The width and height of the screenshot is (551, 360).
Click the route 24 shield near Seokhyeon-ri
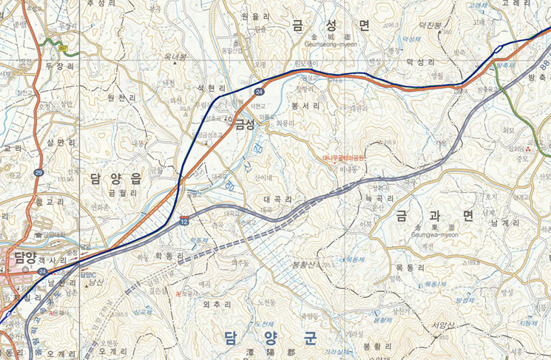coord(260,91)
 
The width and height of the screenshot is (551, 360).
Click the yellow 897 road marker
coord(64,49)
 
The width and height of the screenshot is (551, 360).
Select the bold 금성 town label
coord(245,125)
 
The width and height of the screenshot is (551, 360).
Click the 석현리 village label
coord(210,89)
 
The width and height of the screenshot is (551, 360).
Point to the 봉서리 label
coord(305,106)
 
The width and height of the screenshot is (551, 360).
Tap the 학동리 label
coord(169,256)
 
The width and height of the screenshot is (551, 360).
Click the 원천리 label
coord(121,98)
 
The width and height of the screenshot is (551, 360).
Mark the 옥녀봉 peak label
coord(175,57)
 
